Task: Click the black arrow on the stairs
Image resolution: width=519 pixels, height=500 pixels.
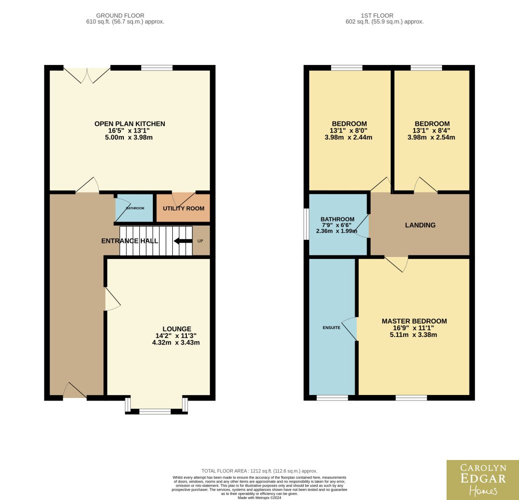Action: coord(183,241)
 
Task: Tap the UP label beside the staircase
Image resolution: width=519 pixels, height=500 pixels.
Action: coord(200,241)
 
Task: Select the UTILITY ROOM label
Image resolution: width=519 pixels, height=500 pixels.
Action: coord(184,208)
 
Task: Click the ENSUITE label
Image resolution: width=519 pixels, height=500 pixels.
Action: coord(331,327)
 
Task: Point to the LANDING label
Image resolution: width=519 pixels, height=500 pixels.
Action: coord(421,225)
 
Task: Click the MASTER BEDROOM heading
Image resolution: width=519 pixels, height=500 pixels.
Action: coord(415,321)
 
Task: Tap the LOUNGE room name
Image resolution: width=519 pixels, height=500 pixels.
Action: coord(177,328)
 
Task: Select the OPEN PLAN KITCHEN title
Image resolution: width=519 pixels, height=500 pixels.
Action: coord(130,123)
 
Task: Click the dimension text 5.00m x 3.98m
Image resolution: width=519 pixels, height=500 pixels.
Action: coord(129,137)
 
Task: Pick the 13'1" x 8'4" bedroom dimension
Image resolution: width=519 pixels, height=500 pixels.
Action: coord(431,130)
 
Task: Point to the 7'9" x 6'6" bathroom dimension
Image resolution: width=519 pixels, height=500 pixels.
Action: coord(337,225)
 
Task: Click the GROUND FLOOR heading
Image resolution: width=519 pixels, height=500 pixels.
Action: coord(120,15)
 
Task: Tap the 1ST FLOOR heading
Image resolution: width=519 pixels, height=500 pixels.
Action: coord(377,15)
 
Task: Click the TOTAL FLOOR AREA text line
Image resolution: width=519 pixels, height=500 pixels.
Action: coord(260,471)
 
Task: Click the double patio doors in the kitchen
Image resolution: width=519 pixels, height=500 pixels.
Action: coord(87,75)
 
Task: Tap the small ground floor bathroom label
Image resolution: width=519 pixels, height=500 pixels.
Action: coord(135,208)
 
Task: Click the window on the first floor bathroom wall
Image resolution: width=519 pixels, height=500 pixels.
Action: coord(307,223)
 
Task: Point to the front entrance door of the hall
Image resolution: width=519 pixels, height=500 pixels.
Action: coord(75,391)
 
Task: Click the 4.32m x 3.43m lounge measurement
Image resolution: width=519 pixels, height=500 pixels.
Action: coord(176,342)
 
